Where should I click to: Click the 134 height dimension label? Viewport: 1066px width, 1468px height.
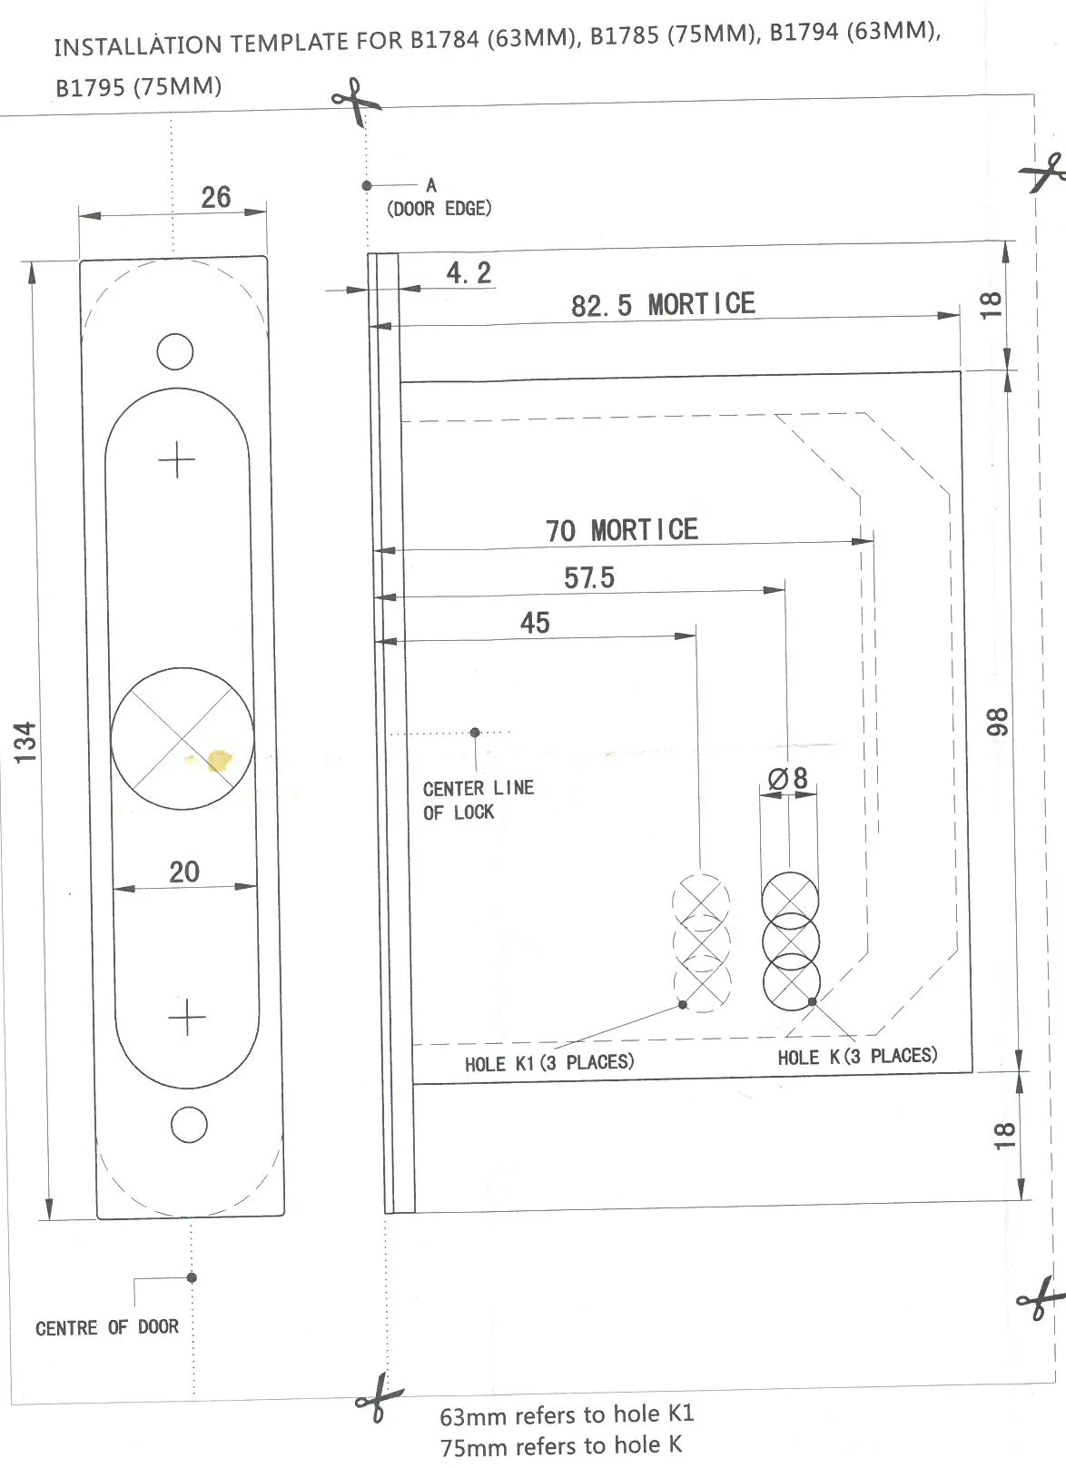(25, 742)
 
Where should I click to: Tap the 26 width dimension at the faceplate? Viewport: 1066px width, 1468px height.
(216, 197)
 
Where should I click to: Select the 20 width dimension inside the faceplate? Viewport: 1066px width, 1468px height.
(184, 872)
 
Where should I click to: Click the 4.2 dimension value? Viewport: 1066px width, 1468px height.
(469, 272)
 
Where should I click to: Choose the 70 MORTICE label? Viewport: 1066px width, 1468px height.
(621, 530)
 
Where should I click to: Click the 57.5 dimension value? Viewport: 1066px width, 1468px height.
(589, 578)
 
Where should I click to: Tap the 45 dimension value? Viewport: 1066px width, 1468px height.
(535, 623)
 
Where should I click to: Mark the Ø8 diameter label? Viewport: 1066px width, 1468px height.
(788, 779)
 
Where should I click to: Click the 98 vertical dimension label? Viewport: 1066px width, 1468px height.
(996, 722)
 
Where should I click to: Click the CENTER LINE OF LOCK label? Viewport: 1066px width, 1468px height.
(479, 800)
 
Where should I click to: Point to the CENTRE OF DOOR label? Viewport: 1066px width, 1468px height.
(107, 1328)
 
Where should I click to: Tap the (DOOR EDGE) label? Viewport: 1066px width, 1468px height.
(439, 209)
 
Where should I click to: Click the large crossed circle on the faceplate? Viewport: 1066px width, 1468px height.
(183, 739)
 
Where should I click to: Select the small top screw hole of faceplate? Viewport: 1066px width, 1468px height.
(175, 351)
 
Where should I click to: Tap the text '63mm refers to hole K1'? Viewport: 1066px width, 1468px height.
(567, 1415)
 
